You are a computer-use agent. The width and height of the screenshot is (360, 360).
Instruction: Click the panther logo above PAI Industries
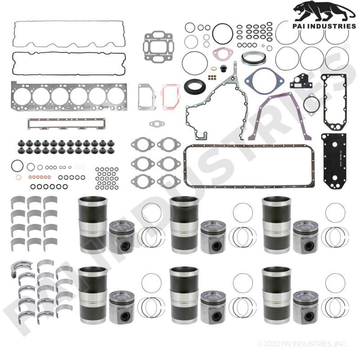coord(324,12)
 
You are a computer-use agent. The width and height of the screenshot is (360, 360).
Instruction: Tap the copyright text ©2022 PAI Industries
coord(302,344)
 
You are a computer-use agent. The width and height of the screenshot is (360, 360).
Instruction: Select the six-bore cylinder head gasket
coord(69,96)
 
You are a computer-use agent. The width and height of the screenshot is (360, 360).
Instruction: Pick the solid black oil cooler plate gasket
coord(334,161)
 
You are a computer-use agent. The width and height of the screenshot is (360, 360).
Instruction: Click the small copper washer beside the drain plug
coord(214,69)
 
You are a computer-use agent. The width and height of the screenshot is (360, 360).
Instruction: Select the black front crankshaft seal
coord(195,86)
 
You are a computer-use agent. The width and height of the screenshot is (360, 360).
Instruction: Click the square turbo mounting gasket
coord(158,47)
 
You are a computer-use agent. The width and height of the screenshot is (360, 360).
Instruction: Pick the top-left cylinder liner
coord(93,225)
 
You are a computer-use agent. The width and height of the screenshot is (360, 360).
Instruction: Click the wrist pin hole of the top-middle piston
coord(216,246)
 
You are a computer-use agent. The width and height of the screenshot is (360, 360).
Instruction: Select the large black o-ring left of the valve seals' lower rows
coord(17,166)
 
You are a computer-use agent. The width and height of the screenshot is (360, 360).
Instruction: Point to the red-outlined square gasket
coord(171,96)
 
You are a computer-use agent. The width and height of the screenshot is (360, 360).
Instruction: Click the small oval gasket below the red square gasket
coord(157,124)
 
